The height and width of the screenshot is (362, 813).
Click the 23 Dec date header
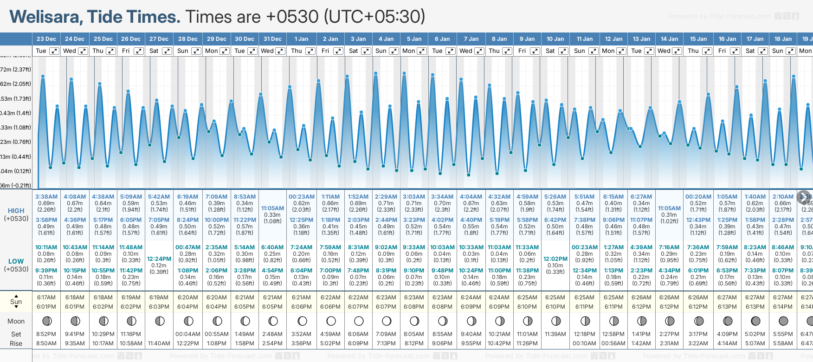click(46, 39)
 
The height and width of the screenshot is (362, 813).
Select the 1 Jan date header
click(301, 39)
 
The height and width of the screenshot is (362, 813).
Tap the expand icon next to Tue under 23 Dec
click(54, 51)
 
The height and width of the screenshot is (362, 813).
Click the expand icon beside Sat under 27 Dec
click(167, 51)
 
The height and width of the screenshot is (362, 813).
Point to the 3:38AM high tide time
click(46, 197)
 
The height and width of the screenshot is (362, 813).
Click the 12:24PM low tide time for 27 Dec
click(159, 259)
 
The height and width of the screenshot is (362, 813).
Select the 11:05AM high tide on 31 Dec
click(272, 208)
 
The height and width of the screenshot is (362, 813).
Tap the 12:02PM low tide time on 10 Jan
click(555, 259)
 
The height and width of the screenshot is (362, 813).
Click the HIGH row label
click(16, 211)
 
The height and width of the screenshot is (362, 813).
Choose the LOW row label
click(16, 261)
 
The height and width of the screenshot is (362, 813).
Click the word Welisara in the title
click(46, 17)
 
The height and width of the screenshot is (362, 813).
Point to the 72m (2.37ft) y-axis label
click(16, 70)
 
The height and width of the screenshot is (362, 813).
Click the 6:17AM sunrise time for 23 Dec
click(46, 297)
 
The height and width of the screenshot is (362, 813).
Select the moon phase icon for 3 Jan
click(359, 321)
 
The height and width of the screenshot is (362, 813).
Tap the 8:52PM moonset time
click(46, 334)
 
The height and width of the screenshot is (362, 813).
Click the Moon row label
click(16, 321)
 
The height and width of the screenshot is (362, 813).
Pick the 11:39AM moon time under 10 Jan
click(555, 334)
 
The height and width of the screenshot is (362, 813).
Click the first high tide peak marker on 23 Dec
click(43, 76)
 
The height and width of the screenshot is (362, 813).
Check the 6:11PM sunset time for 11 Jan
click(584, 307)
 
